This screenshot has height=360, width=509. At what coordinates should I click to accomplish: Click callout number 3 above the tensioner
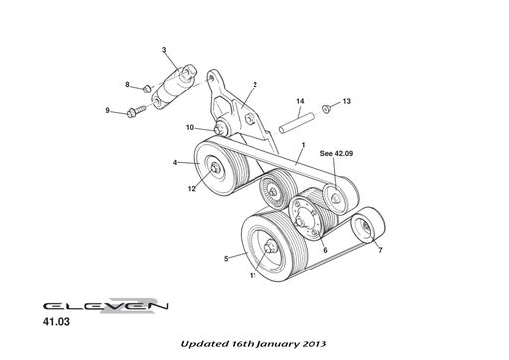click(164, 50)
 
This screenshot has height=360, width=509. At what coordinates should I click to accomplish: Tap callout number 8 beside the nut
click(128, 86)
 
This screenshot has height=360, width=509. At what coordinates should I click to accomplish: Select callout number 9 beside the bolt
click(108, 110)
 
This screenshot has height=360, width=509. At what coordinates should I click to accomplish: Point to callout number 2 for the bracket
click(254, 85)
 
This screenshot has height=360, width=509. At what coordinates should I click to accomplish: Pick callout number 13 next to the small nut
click(347, 101)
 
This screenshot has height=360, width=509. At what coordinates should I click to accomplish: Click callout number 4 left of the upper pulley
click(175, 163)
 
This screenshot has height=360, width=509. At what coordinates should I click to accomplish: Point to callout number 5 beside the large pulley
click(226, 258)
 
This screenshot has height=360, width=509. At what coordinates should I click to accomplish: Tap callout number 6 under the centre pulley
click(324, 250)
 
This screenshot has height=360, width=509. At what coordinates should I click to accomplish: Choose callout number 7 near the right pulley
click(379, 250)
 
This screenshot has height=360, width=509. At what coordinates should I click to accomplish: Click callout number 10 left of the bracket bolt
click(189, 127)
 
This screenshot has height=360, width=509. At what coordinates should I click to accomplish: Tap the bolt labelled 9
click(136, 112)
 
